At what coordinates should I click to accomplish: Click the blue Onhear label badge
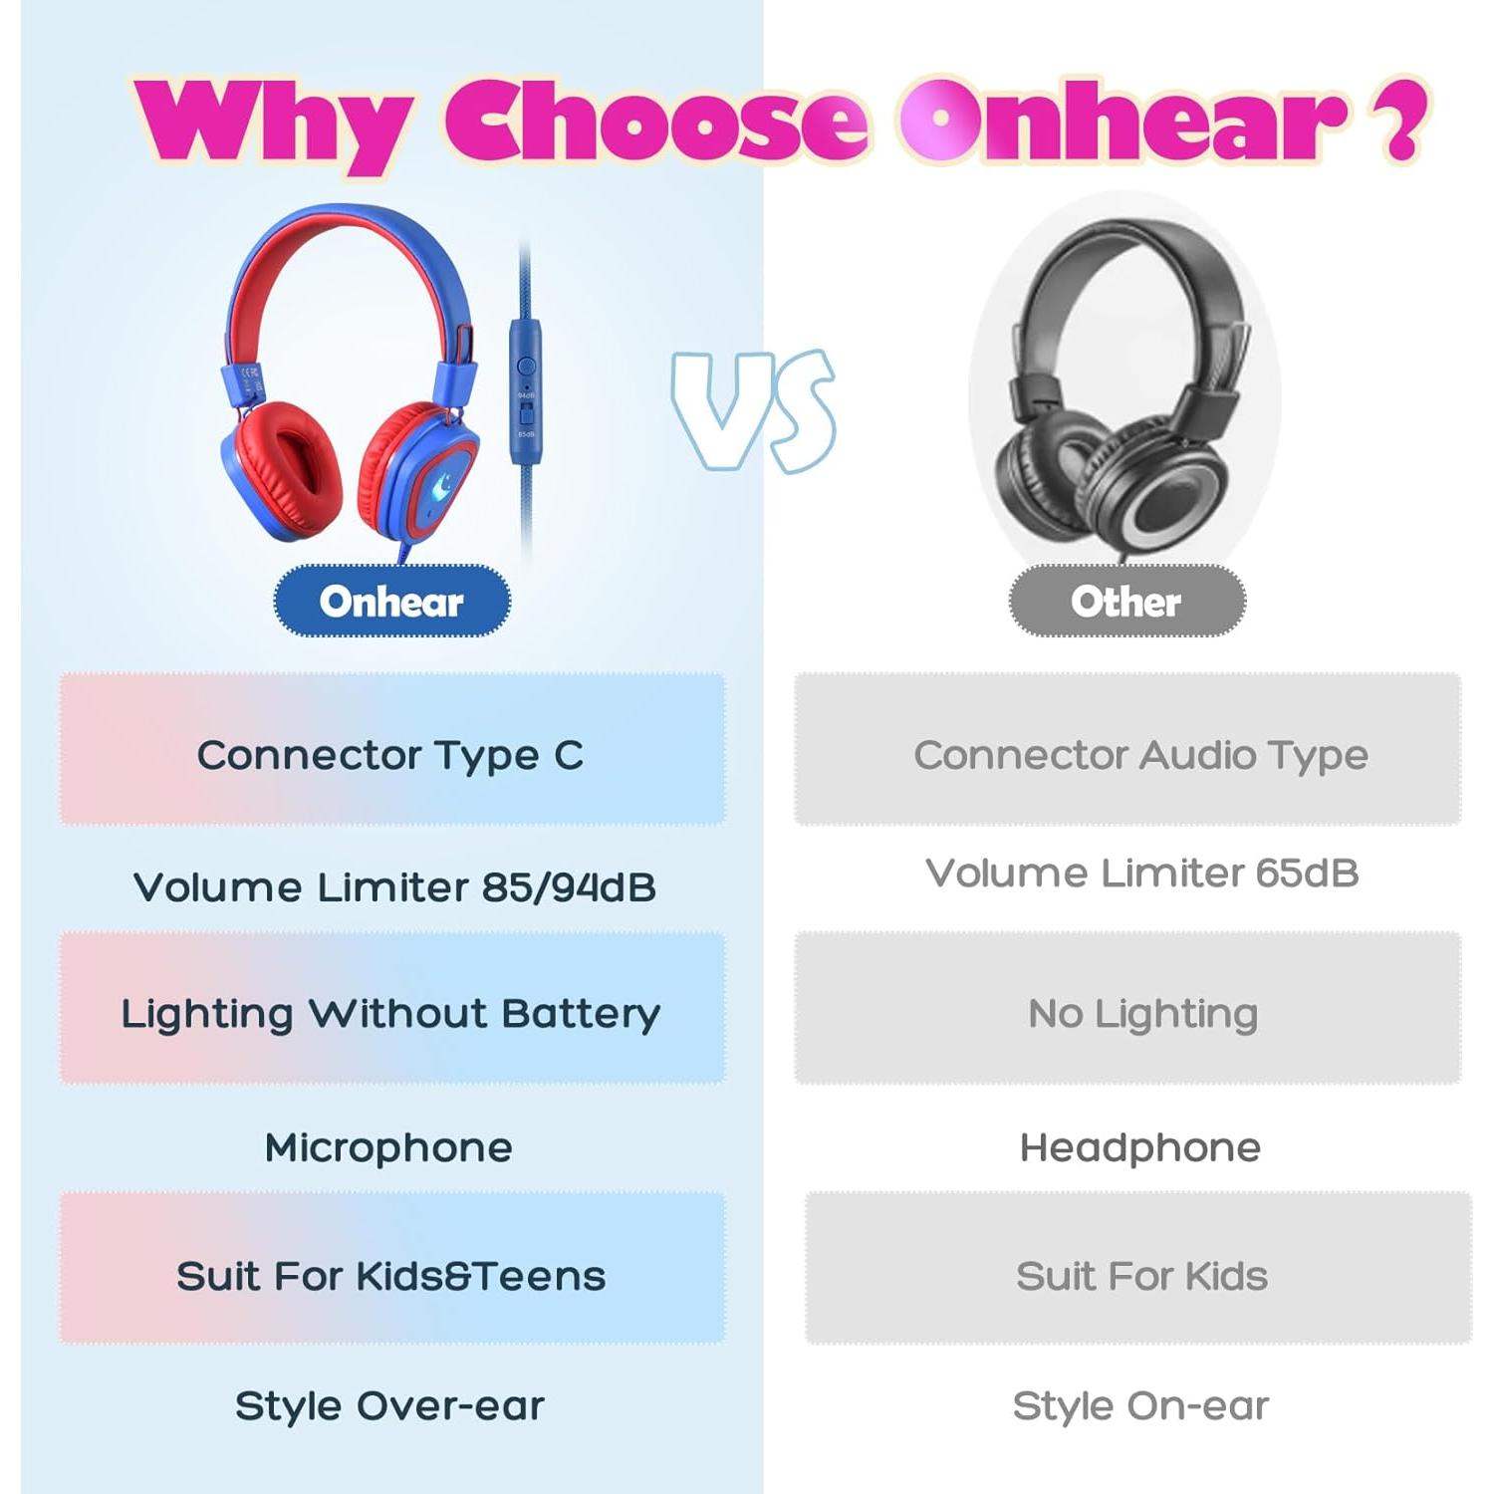391,601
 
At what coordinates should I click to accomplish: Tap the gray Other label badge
1126,601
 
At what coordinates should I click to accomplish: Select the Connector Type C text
390,756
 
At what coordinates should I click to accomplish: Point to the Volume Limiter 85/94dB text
394,887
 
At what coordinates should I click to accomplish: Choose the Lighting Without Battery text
390,1014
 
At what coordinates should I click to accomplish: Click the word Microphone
388,1147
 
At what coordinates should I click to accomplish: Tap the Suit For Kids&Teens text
390,1276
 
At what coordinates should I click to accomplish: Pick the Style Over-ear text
389,1405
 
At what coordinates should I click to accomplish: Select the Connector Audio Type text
1140,756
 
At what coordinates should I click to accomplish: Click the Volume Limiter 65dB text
1141,872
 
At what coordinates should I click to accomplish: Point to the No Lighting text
1142,1014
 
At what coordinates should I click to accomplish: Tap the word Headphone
1140,1147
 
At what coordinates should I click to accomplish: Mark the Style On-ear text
1140,1405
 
